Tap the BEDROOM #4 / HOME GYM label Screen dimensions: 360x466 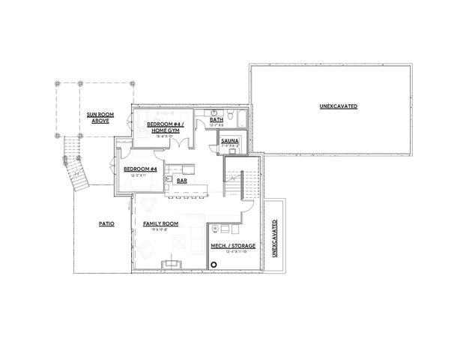(163, 127)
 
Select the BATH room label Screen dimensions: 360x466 (217, 120)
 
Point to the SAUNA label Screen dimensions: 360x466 (230, 139)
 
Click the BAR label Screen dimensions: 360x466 (182, 180)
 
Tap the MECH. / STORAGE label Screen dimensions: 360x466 (232, 245)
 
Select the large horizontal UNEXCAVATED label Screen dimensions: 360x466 (338, 106)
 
